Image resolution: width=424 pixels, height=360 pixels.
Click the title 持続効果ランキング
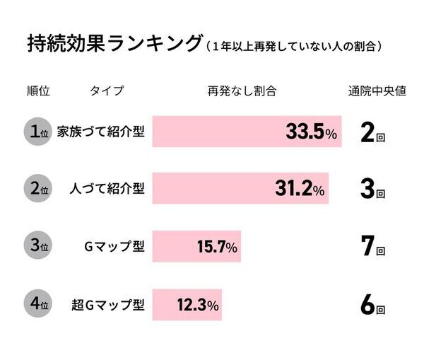[x=113, y=44]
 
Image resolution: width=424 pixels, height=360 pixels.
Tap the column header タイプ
[x=107, y=91]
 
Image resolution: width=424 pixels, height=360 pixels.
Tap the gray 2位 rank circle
[x=37, y=189]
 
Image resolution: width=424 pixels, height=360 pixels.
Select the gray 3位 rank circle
[x=37, y=247]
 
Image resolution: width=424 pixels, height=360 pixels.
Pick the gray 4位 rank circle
[x=37, y=305]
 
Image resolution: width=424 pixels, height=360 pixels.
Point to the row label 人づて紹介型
[x=107, y=189]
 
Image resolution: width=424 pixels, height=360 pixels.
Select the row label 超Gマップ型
[x=108, y=305]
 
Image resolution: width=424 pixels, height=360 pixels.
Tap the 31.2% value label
[x=299, y=189]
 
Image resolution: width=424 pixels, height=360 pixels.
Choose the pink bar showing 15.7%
[x=196, y=247]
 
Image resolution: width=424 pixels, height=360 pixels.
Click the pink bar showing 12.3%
[x=187, y=305]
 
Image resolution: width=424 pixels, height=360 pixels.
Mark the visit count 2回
[x=372, y=132]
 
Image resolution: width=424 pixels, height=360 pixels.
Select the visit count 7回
[x=372, y=247]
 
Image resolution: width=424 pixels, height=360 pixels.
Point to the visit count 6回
[x=372, y=305]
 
